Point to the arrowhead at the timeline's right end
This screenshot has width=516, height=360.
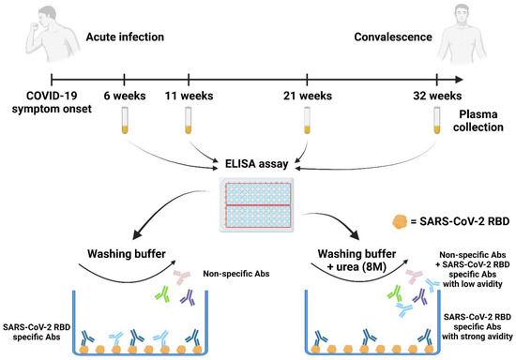pyautogui.click(x=459, y=80)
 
